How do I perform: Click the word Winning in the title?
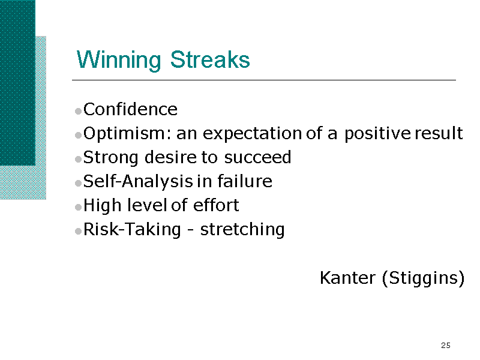(119, 60)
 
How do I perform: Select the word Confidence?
(130, 109)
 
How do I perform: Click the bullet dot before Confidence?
(79, 111)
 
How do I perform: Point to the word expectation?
(253, 134)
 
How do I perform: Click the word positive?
(377, 134)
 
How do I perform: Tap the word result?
(439, 133)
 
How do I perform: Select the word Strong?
(111, 158)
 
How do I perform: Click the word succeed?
(257, 157)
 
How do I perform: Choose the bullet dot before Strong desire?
(79, 159)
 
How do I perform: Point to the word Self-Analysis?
(138, 182)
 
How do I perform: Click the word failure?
(245, 181)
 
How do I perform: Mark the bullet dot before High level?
(79, 207)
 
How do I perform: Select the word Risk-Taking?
(132, 230)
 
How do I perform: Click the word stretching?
(242, 230)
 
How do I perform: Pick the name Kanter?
(347, 278)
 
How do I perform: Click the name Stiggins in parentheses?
(423, 278)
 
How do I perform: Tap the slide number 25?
(446, 346)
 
